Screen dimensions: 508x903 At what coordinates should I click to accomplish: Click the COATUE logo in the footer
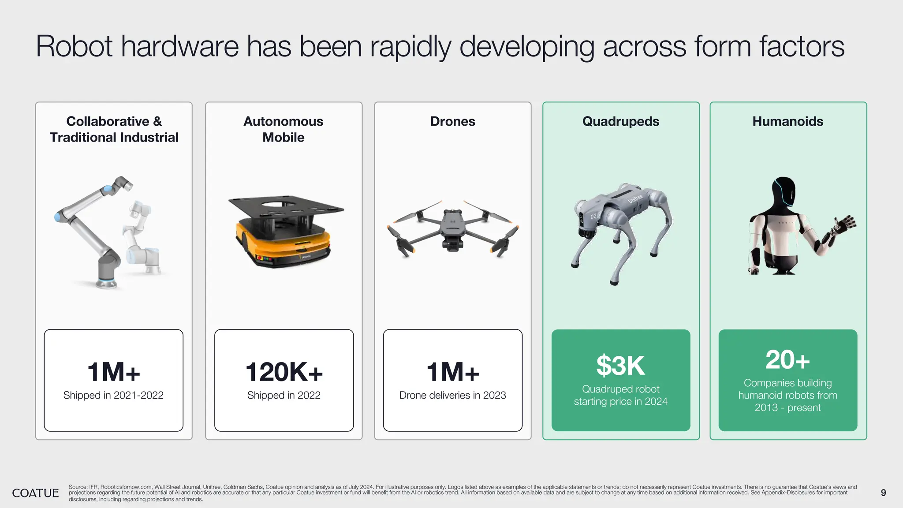coord(35,493)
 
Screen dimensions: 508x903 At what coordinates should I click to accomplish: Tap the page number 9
coord(883,493)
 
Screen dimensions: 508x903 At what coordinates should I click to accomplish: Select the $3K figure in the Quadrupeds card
coord(620,366)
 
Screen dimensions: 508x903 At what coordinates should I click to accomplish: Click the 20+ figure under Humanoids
coord(787,360)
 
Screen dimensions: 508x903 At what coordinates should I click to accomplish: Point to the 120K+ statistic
coord(284,372)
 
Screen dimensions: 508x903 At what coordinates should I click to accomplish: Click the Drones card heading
coord(452,121)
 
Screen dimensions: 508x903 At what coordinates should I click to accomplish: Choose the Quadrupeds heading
coord(620,121)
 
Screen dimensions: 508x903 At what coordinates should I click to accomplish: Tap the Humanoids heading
coord(787,121)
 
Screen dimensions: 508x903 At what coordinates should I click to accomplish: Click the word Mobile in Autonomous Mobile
coord(283,138)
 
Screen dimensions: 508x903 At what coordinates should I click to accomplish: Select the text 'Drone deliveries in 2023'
coord(452,395)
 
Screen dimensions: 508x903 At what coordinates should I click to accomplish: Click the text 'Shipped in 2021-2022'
coord(113,395)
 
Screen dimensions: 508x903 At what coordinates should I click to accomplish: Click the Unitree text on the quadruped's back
coord(635,198)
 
